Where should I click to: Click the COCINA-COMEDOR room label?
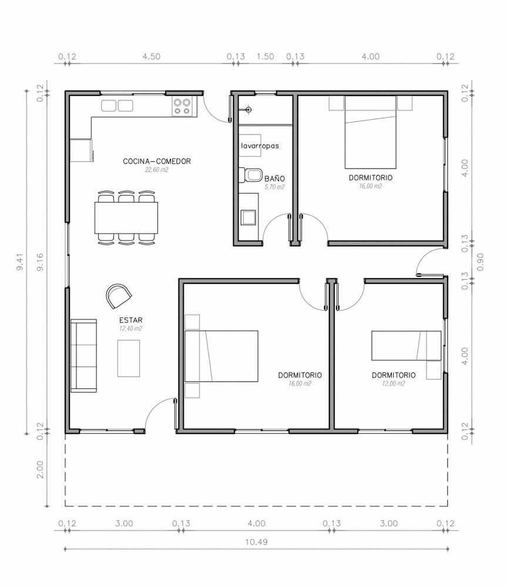tap(157, 162)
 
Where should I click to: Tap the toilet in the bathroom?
tap(251, 175)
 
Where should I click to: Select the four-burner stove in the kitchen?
tap(182, 106)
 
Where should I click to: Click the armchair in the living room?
tap(119, 296)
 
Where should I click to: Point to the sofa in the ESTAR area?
tap(83, 355)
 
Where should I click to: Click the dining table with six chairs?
tap(126, 218)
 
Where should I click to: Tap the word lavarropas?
tap(260, 146)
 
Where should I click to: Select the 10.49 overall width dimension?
tap(256, 542)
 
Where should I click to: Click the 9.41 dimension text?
tap(20, 261)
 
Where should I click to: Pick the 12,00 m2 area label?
tap(394, 383)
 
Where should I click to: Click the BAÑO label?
tap(274, 179)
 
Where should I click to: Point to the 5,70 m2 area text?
tap(274, 187)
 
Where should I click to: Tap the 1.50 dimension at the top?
tap(266, 56)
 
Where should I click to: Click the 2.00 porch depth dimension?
tap(40, 469)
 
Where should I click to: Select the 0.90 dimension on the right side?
tap(481, 262)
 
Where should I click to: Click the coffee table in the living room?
tap(129, 358)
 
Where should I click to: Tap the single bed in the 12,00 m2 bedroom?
tap(407, 346)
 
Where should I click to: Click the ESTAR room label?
tap(131, 320)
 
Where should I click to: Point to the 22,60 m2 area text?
tap(157, 170)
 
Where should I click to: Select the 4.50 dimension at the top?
tap(152, 56)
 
